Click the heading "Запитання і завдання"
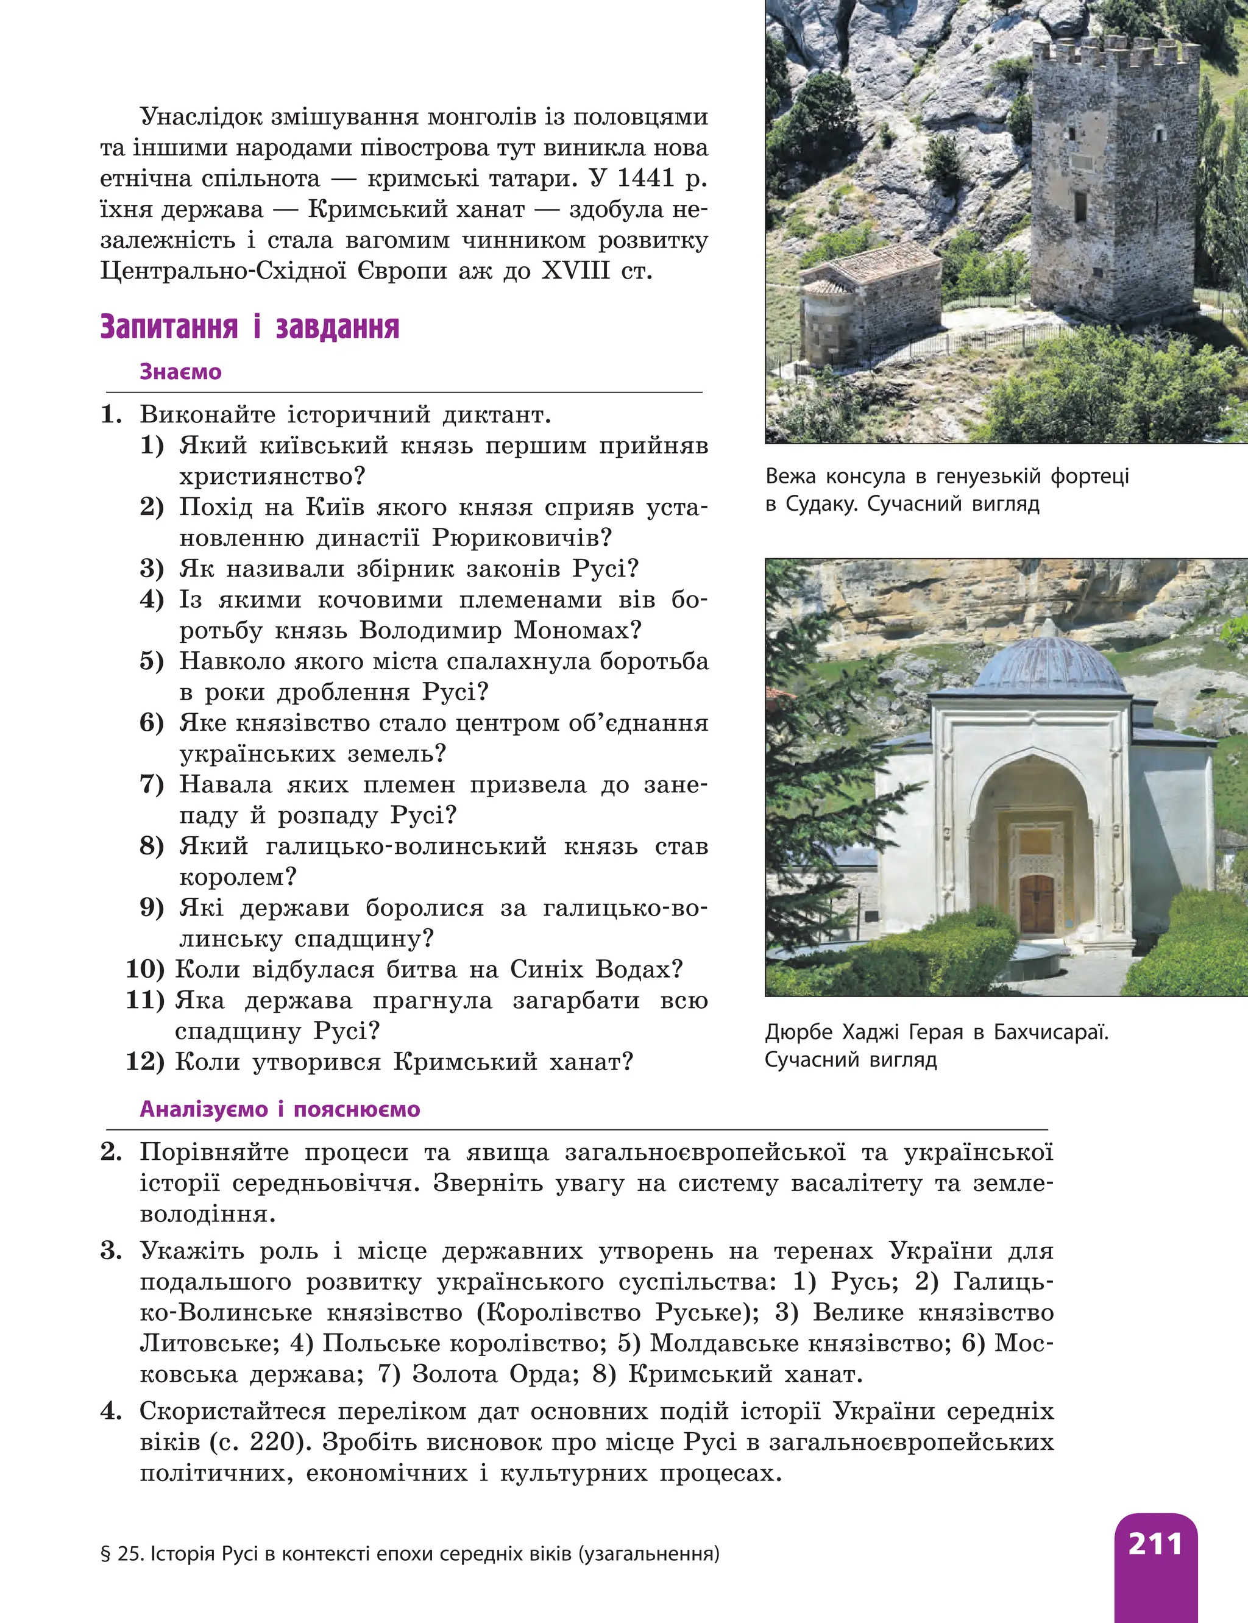[250, 327]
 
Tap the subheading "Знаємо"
[180, 371]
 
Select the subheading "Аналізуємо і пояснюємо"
[280, 1109]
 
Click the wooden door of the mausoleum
[1037, 904]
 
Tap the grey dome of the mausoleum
[1049, 662]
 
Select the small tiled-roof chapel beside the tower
[869, 297]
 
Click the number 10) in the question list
[145, 969]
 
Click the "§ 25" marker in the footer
[122, 1553]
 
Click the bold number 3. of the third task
[112, 1251]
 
